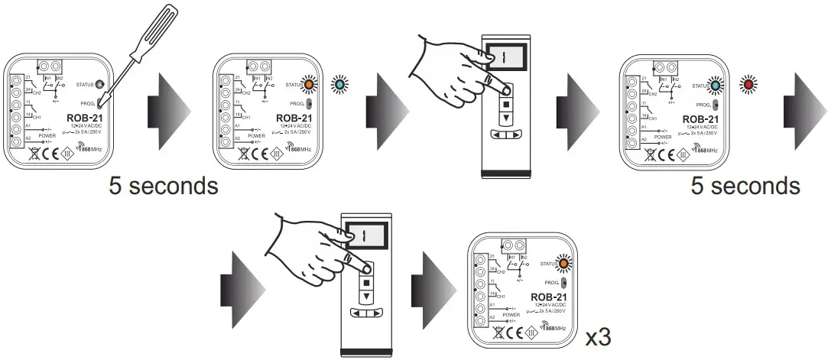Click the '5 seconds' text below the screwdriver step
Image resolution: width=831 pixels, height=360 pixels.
coord(163,185)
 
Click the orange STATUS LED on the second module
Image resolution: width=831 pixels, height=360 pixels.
coord(310,86)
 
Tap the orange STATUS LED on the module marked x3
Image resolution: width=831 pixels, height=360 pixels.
coord(564,264)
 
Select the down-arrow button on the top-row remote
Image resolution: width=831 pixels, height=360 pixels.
coord(505,118)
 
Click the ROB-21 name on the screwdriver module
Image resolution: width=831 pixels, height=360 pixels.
coord(83,118)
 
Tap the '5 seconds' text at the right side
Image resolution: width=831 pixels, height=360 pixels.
coord(745,185)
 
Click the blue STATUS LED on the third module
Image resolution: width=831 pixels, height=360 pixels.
coord(718,86)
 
